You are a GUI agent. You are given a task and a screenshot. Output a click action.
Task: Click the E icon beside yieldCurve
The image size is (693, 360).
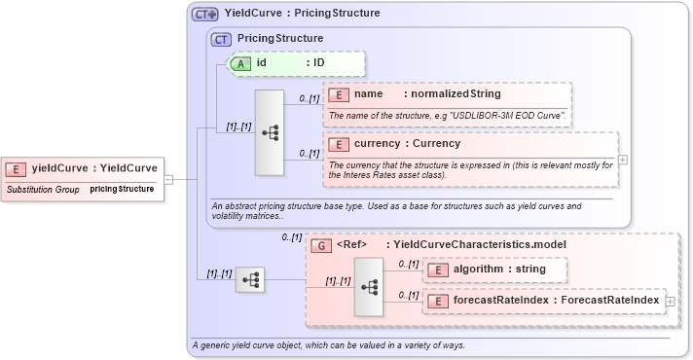click(x=18, y=167)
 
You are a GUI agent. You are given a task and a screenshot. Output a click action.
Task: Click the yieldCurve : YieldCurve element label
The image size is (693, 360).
click(x=94, y=167)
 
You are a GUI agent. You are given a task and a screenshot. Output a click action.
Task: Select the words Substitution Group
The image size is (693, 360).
click(x=43, y=188)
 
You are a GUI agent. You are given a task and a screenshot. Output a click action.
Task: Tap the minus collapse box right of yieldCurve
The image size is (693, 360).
click(x=168, y=179)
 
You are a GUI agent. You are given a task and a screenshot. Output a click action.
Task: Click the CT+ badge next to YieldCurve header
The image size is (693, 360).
click(x=204, y=15)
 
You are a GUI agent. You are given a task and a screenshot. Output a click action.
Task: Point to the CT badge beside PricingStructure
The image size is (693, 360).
click(x=223, y=39)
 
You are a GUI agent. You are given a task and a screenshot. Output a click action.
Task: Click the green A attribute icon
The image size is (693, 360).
click(x=239, y=63)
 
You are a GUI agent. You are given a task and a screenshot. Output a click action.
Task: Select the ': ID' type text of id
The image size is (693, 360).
click(x=315, y=63)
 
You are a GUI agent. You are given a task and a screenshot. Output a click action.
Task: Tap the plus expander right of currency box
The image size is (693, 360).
click(x=623, y=159)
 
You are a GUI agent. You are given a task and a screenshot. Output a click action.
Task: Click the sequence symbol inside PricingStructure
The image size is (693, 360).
click(x=269, y=132)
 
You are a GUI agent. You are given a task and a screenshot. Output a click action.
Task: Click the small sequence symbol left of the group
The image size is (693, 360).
click(x=250, y=279)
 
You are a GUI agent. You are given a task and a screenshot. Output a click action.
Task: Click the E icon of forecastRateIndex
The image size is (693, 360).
click(x=440, y=302)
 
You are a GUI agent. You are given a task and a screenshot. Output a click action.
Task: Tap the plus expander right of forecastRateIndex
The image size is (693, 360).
click(x=670, y=302)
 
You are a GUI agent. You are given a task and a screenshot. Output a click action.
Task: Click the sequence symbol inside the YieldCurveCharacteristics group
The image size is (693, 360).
click(x=369, y=287)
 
